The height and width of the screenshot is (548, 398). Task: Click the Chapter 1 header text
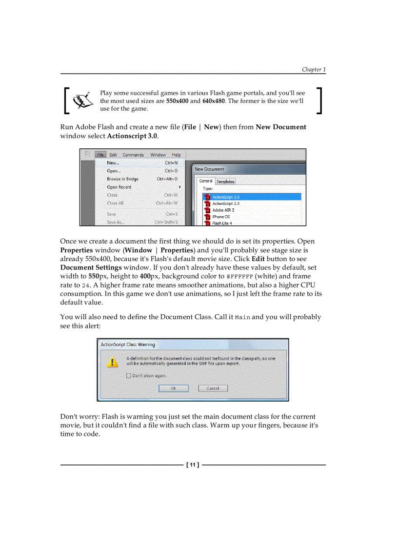tap(313, 69)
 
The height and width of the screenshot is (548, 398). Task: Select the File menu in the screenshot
tap(100, 155)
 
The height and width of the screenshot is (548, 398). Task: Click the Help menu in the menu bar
tap(176, 155)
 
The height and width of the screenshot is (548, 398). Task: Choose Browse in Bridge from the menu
tap(122, 179)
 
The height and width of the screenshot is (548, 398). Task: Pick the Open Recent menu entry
tap(119, 187)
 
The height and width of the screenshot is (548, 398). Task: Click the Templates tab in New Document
tap(225, 181)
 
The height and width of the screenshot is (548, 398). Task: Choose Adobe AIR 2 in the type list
tap(223, 210)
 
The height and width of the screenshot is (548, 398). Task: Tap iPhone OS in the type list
tap(220, 217)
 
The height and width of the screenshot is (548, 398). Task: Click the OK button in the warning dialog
tap(173, 388)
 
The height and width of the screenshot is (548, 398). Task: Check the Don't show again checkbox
tap(129, 376)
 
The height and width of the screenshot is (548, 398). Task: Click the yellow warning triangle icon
tap(113, 362)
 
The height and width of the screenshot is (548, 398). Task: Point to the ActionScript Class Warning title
tap(128, 345)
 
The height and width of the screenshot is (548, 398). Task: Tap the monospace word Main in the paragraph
tap(242, 317)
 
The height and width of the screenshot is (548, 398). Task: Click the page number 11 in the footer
tap(193, 465)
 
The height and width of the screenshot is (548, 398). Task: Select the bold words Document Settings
tap(91, 267)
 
